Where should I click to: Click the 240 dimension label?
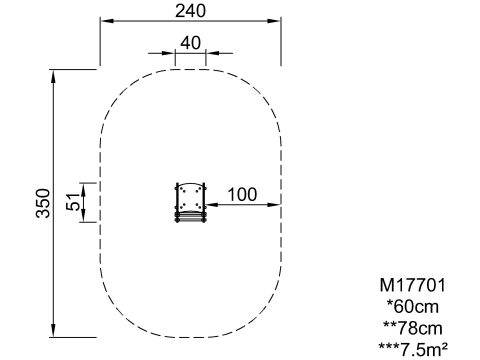(191, 11)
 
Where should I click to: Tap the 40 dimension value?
(191, 43)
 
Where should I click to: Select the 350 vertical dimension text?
(43, 203)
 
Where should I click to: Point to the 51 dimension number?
(73, 202)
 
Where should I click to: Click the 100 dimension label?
(242, 194)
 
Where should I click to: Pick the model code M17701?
(413, 285)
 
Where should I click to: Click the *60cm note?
(413, 307)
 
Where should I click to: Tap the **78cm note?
(413, 328)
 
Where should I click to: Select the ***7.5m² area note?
(413, 349)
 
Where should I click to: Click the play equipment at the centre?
(191, 202)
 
